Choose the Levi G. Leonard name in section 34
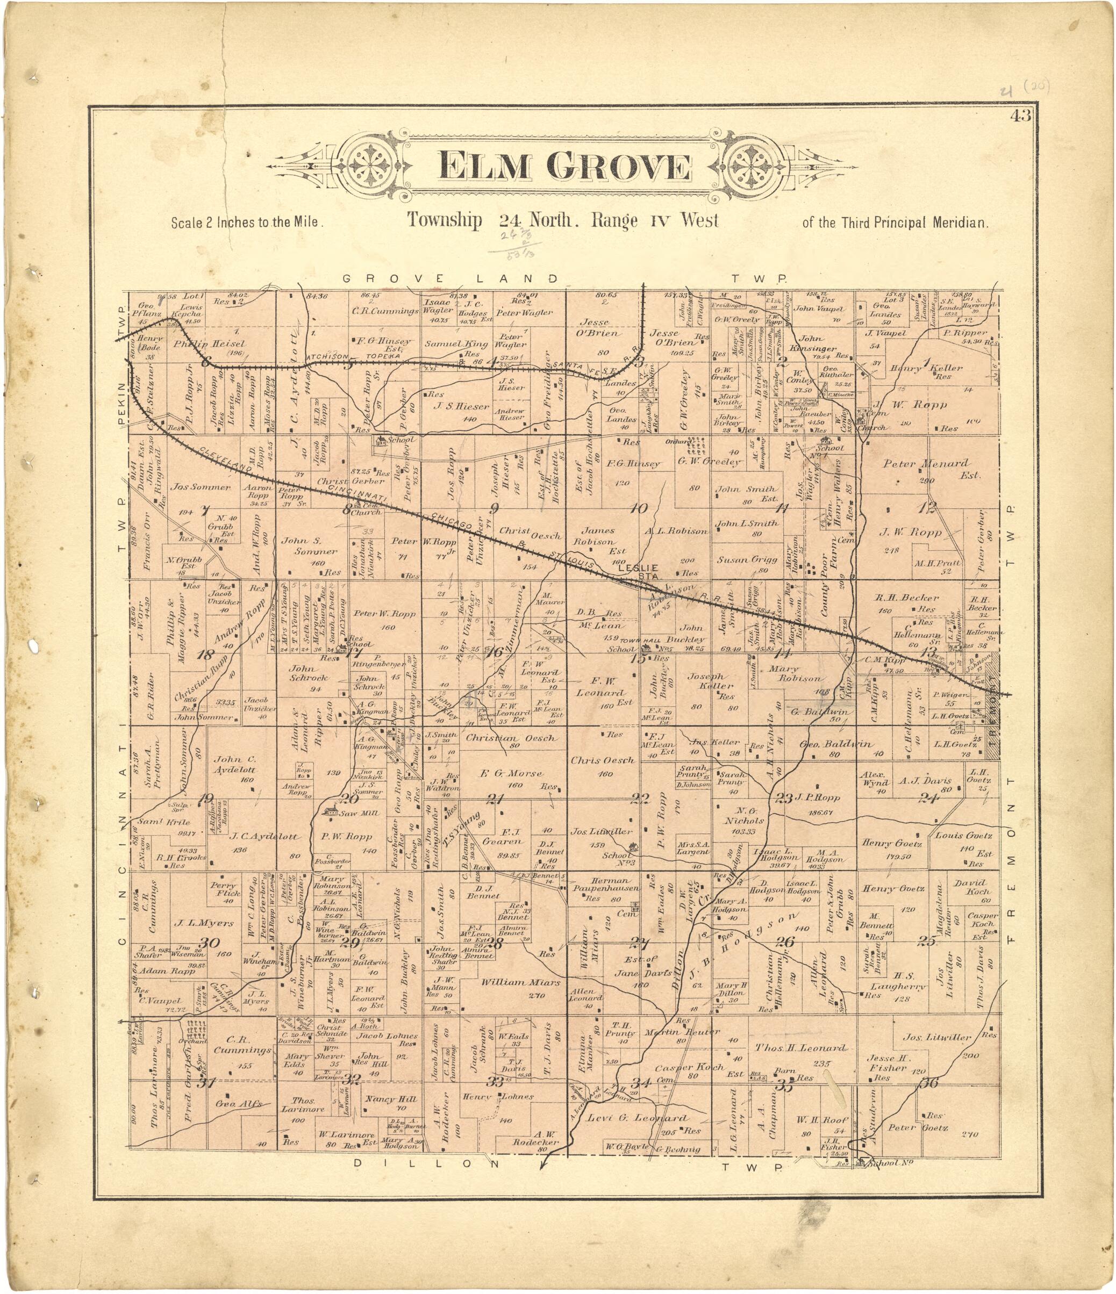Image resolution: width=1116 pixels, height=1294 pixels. pyautogui.click(x=638, y=1118)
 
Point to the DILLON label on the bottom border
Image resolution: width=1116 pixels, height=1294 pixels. pyautogui.click(x=427, y=1163)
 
